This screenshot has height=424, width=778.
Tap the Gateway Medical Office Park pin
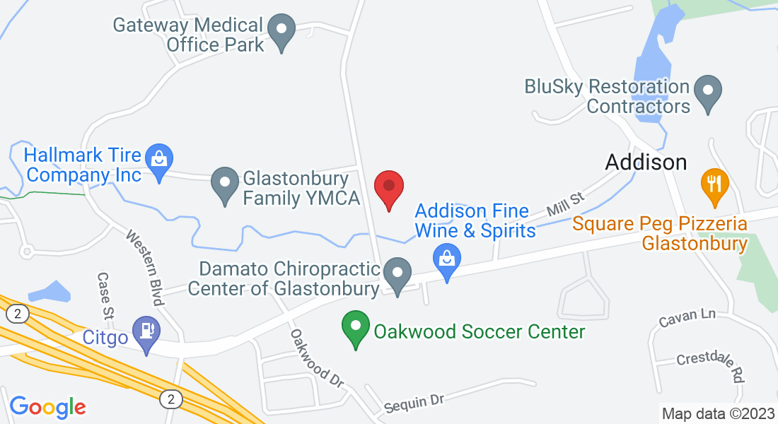tap(283, 32)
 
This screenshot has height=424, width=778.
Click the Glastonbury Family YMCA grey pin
tap(225, 185)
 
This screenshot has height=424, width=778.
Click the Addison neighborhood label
tap(646, 163)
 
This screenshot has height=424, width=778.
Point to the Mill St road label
tap(564, 206)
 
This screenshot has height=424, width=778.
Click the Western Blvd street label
tap(146, 267)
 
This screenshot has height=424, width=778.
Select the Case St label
tap(105, 295)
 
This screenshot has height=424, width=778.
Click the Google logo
tap(47, 406)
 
